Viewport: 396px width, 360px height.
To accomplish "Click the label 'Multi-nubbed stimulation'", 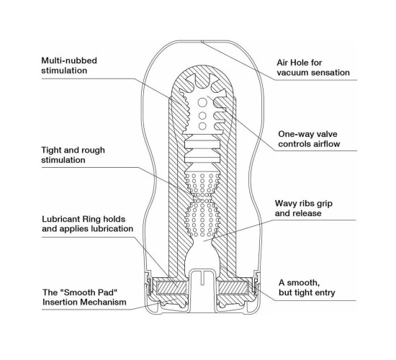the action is coord(69,66).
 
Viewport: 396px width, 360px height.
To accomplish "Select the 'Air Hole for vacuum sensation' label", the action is coord(313,68).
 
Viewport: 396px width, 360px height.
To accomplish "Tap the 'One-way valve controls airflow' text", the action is coord(309,139).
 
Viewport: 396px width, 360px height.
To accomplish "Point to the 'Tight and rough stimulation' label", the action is coord(73,155).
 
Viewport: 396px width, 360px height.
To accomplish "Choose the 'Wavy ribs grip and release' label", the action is coord(304,208).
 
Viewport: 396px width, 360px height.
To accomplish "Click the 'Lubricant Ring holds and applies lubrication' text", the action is coord(87,224).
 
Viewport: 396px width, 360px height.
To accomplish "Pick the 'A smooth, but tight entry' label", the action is coord(307,287).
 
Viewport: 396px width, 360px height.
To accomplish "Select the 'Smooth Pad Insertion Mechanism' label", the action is coord(84,297).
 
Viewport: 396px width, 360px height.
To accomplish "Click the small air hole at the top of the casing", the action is coord(202,42).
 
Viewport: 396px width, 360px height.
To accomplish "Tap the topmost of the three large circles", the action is coord(202,102).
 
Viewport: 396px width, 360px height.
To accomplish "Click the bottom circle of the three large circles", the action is coord(202,126).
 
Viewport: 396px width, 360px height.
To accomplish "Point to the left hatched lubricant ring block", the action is coord(172,287).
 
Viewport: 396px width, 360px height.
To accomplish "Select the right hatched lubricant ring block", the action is coord(233,287).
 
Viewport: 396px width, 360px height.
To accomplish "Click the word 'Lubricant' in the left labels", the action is coord(60,219).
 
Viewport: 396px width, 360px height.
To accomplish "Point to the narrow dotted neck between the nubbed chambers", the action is coord(202,195).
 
